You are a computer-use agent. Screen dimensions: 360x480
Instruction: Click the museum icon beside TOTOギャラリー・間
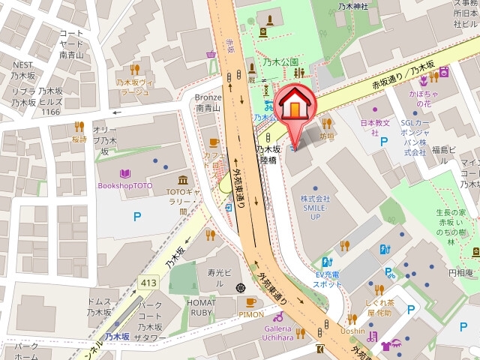pyautogui.click(x=183, y=180)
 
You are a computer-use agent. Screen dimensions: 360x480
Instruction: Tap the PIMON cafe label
pyautogui.click(x=251, y=315)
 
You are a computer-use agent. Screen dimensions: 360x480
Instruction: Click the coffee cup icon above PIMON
pyautogui.click(x=250, y=303)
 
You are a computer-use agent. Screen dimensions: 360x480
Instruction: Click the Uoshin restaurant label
pyautogui.click(x=352, y=331)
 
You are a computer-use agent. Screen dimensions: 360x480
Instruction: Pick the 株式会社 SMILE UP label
pyautogui.click(x=316, y=207)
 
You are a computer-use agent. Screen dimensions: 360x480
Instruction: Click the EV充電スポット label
pyautogui.click(x=328, y=279)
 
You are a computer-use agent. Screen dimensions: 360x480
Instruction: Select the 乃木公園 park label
pyautogui.click(x=281, y=62)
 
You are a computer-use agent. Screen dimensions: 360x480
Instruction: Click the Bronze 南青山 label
pyautogui.click(x=208, y=102)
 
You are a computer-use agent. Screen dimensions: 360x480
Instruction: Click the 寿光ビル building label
pyautogui.click(x=221, y=273)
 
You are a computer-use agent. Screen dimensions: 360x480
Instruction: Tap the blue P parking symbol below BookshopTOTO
pyautogui.click(x=137, y=217)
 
